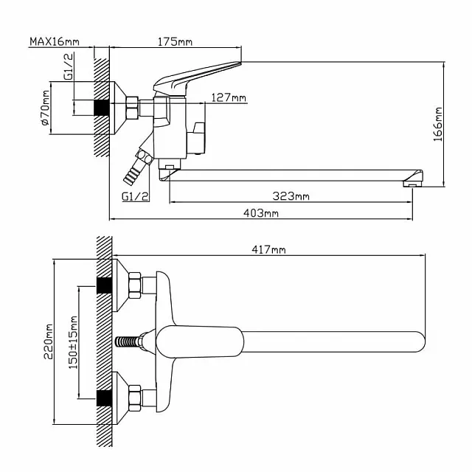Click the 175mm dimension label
coord(175,42)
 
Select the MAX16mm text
coord(55,42)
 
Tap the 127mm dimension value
coord(229,97)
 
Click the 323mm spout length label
coord(291,195)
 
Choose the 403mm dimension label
coord(260,213)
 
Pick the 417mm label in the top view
coord(268,250)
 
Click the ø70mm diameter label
coord(45,109)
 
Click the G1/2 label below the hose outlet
coord(136,196)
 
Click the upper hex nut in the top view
coord(134,286)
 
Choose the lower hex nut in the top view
coord(134,398)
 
